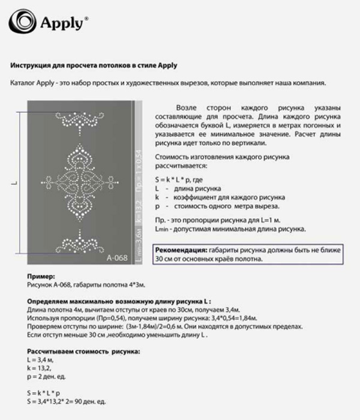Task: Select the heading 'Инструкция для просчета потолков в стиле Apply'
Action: tap(94, 65)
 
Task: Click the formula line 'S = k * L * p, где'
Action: tap(180, 179)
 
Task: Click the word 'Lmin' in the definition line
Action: tap(161, 229)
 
